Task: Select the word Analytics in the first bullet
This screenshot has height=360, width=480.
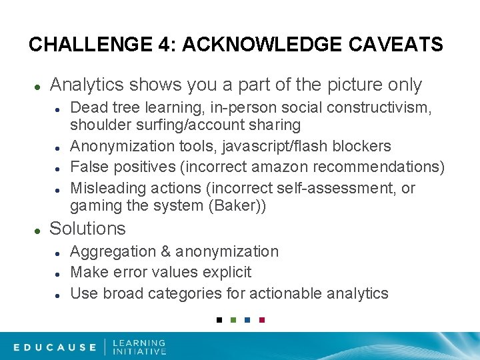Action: tap(87, 85)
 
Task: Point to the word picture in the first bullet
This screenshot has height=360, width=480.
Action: tap(355, 85)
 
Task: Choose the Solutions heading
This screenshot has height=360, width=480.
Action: tap(87, 229)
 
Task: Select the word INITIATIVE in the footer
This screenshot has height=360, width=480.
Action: tap(139, 351)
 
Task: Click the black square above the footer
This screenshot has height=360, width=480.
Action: tap(219, 320)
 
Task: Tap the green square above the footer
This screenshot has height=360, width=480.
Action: tap(233, 320)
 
